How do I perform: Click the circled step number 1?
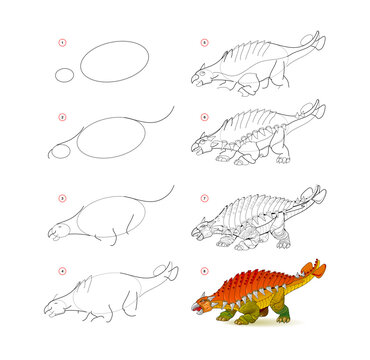pos(63,43)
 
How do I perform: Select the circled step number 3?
pos(63,196)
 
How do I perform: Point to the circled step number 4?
pos(63,270)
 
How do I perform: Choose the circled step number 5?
pos(204,43)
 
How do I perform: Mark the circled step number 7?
pos(204,196)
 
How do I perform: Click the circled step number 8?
pos(204,270)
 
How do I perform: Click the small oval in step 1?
pos(65,75)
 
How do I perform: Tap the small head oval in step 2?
pos(61,151)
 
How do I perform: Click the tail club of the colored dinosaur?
pos(317,268)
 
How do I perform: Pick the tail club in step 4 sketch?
pos(170,270)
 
